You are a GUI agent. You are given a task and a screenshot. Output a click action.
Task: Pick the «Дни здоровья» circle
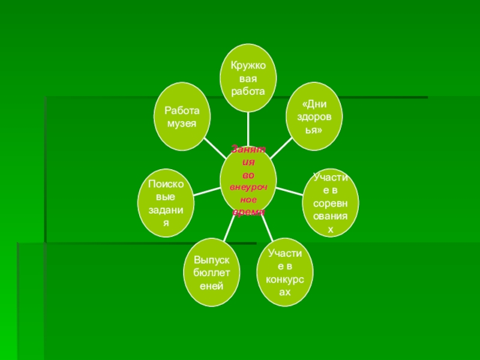(313, 118)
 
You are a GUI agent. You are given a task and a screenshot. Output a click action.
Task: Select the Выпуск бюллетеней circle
(212, 273)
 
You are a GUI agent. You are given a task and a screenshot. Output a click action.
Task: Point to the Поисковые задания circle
(166, 205)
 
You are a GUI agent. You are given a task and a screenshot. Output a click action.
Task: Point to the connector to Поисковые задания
(207, 190)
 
